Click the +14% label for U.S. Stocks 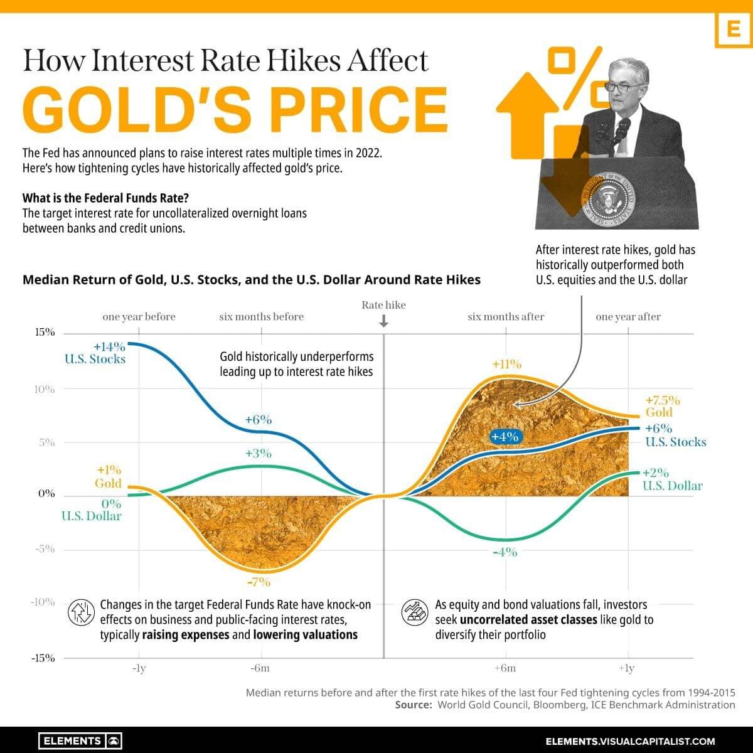tap(110, 346)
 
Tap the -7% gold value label tap(259, 582)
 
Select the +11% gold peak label tap(506, 364)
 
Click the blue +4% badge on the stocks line tap(505, 437)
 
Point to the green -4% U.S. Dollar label tap(505, 552)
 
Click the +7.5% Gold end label tap(662, 400)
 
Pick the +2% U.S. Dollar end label tap(655, 473)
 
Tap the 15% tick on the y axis tap(44, 332)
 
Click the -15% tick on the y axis tap(43, 658)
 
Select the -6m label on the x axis tap(260, 668)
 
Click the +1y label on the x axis tap(626, 668)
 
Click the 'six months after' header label tap(506, 317)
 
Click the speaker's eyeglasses tap(619, 87)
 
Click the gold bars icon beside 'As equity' tap(412, 611)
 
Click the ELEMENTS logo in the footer tap(80, 740)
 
